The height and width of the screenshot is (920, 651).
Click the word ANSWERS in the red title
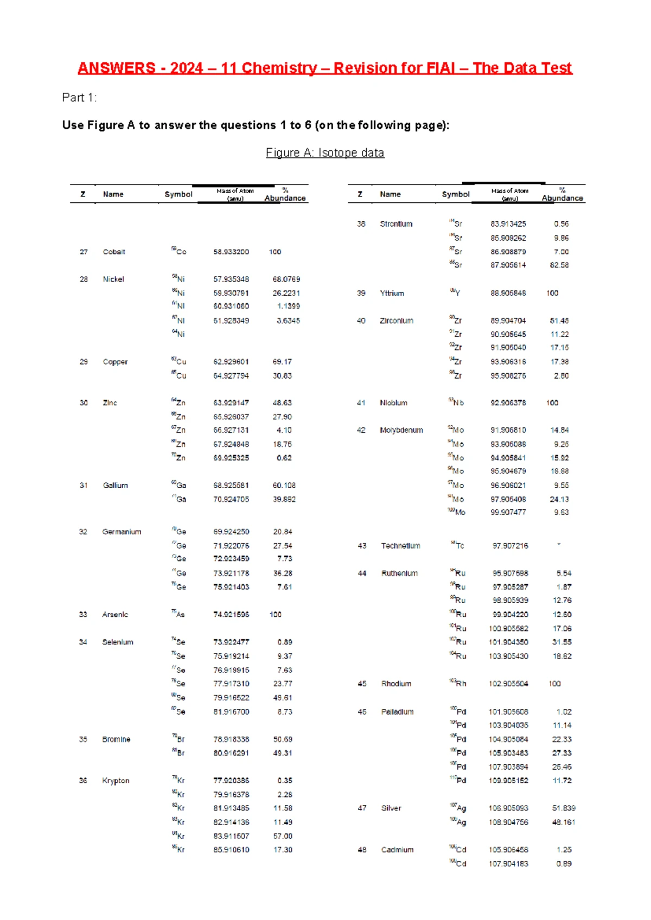coord(116,68)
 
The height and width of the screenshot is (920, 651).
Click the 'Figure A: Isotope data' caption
coord(324,153)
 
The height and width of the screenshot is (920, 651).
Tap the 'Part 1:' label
coord(79,98)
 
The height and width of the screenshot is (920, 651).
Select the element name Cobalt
coord(114,252)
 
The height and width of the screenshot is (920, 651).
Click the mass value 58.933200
coord(231,252)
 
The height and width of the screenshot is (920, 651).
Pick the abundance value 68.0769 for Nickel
coord(286,279)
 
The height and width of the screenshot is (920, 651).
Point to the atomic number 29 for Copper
coord(84,361)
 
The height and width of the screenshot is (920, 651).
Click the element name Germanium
coord(122,532)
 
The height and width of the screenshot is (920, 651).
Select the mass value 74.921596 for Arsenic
coord(231,614)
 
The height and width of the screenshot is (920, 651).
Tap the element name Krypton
coord(116,781)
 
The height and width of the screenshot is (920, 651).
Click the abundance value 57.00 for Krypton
coord(283,836)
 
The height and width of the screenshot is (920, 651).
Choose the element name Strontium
coord(396,223)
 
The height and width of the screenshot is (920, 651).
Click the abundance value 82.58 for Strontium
coord(559,265)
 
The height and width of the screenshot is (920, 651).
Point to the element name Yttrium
coord(392,293)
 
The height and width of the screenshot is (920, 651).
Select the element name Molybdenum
coord(401,430)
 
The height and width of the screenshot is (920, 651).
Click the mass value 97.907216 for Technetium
coord(510,546)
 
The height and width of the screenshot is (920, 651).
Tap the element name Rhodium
coord(396,683)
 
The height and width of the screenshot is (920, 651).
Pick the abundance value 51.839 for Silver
coord(564,808)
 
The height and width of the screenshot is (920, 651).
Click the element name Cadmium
coord(397,849)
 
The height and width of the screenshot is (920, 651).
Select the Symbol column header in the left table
coord(178,194)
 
